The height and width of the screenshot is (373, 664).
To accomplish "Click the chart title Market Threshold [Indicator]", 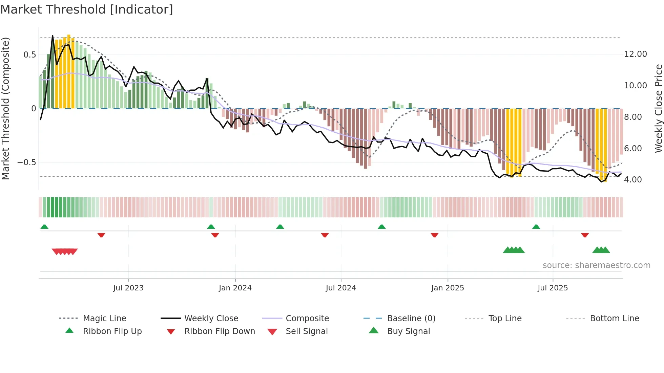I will click(87, 9).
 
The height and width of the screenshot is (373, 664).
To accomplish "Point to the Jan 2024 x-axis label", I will click(235, 288).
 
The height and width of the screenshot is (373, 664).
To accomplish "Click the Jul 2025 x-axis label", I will click(553, 288).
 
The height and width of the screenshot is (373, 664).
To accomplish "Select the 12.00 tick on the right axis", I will click(635, 54).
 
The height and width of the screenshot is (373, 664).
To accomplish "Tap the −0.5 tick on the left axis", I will click(26, 162).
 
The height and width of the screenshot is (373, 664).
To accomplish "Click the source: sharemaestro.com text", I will click(596, 265).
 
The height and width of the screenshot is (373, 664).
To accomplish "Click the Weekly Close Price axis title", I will click(658, 108).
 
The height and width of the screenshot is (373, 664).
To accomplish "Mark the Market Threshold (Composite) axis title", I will click(5, 108).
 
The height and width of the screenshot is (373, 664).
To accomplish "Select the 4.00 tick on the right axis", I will click(632, 180).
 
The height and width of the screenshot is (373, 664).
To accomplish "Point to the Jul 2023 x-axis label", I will click(128, 288).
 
